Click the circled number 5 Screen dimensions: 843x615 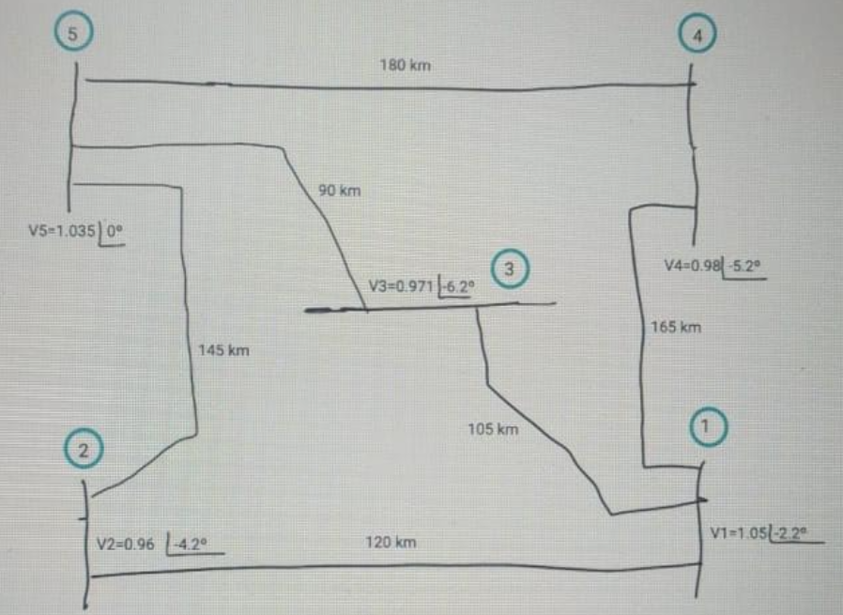tap(71, 33)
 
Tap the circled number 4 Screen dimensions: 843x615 tap(697, 35)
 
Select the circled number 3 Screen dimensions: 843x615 tap(508, 269)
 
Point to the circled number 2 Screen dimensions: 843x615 tap(84, 451)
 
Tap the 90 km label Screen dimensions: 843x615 tap(339, 191)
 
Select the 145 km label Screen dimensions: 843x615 tap(223, 351)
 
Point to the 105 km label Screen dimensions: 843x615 tap(493, 430)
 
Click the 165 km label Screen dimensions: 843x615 tap(676, 328)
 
